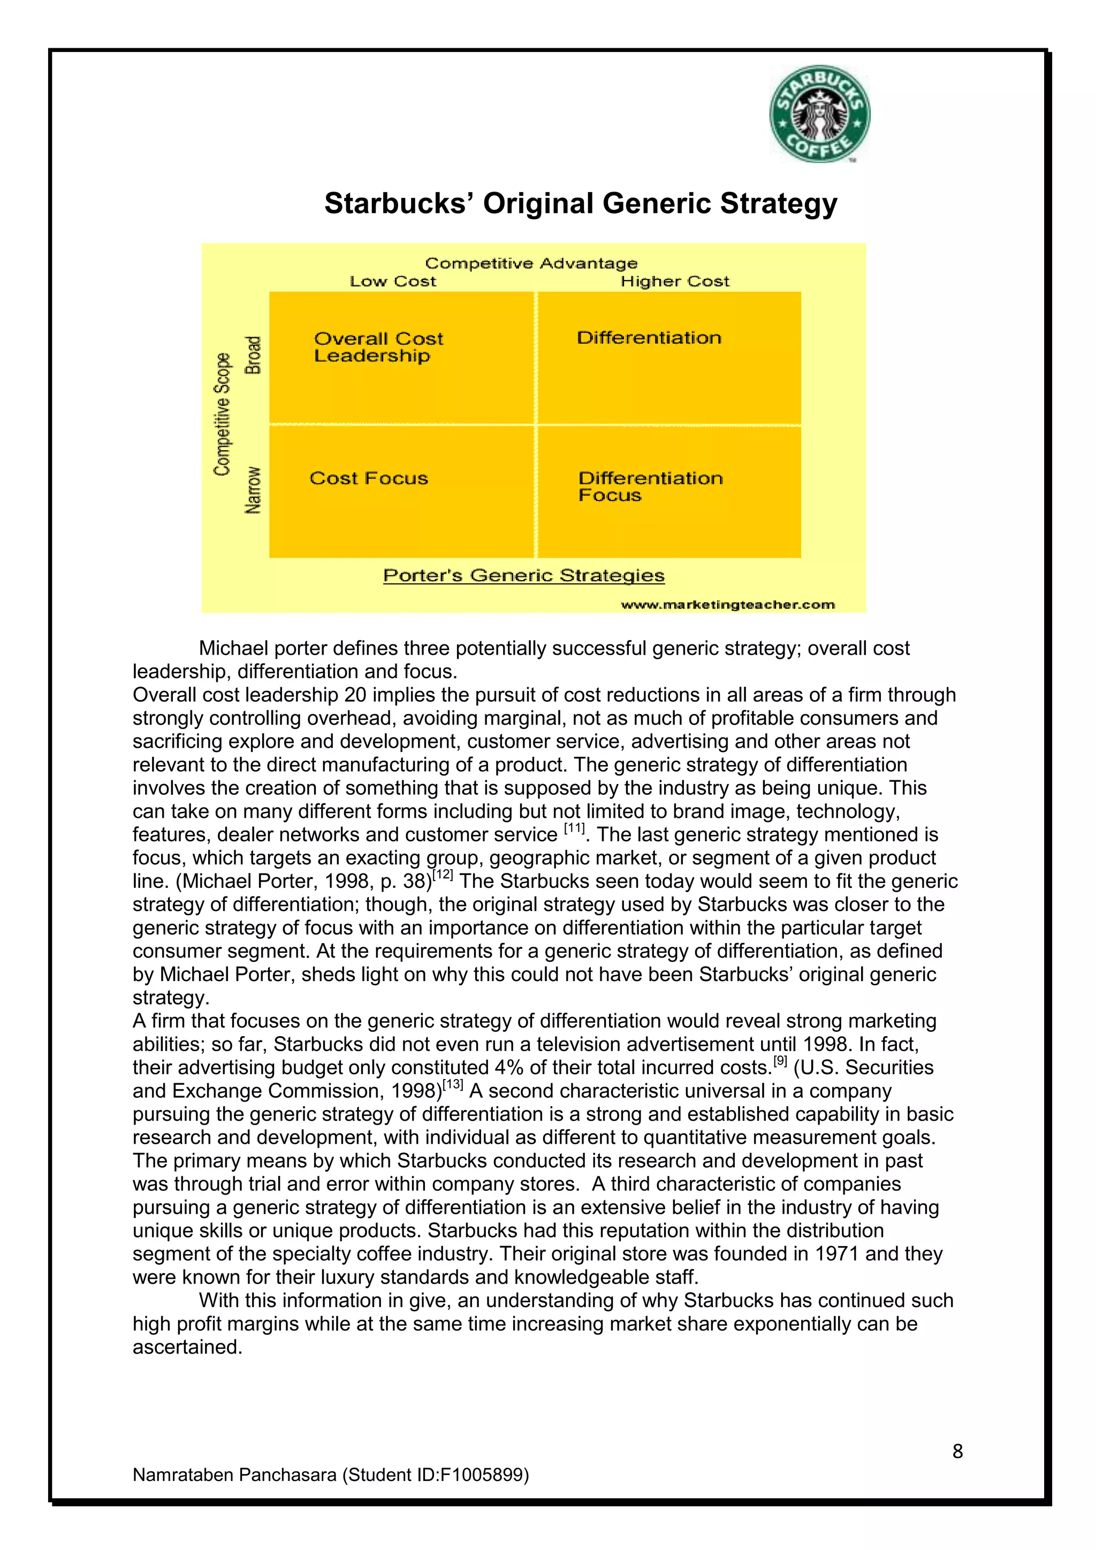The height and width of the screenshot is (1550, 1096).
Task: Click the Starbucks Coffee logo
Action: point(819,114)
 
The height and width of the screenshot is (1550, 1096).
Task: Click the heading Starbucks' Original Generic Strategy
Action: point(581,203)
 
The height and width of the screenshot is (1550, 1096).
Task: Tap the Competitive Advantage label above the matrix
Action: point(531,263)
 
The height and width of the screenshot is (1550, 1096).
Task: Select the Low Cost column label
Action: point(393,282)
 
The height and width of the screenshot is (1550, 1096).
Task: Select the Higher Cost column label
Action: point(675,282)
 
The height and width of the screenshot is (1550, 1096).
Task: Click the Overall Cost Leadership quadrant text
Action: point(378,347)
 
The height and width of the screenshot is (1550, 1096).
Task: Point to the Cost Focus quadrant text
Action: point(369,478)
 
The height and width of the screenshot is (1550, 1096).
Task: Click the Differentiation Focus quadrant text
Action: point(650,486)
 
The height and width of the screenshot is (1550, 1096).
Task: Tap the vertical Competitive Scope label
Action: point(222,414)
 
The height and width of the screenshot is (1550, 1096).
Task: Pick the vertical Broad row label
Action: point(253,355)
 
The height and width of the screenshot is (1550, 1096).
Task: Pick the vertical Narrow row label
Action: point(253,490)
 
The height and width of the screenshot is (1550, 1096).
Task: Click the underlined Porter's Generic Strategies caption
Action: point(524,576)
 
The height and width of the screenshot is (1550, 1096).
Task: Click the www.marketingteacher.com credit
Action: point(727,605)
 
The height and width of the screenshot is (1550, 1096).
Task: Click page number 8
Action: point(957,1451)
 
